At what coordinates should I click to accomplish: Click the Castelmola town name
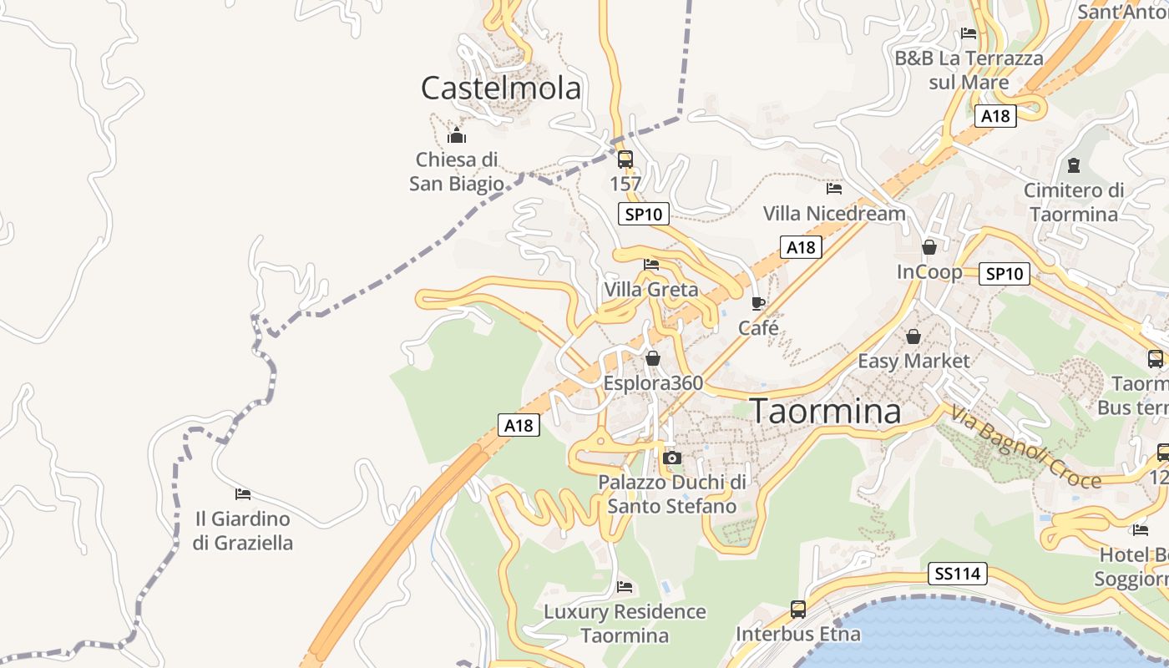click(500, 88)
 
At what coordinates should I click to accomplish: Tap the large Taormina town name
click(826, 412)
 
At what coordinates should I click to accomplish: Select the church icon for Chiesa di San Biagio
click(457, 135)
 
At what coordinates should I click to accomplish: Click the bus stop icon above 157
click(625, 159)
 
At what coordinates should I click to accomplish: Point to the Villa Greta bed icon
click(651, 265)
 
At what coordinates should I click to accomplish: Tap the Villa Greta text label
click(651, 290)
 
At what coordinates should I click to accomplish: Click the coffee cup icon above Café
click(758, 303)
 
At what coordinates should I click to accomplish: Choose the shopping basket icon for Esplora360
click(653, 358)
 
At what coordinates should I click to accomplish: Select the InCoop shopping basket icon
click(929, 247)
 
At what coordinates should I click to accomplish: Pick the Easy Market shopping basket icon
click(913, 337)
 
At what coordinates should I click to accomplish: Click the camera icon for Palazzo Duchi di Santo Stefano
click(671, 458)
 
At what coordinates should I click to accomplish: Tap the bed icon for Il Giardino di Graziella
click(243, 494)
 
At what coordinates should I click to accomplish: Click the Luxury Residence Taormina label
click(625, 623)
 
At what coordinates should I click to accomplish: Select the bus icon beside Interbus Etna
click(798, 610)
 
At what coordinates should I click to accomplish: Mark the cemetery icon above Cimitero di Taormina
click(1073, 165)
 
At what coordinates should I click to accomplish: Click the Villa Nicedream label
click(834, 214)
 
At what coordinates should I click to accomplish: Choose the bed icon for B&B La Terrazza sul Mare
click(969, 33)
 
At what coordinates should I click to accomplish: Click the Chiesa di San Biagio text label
click(457, 171)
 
